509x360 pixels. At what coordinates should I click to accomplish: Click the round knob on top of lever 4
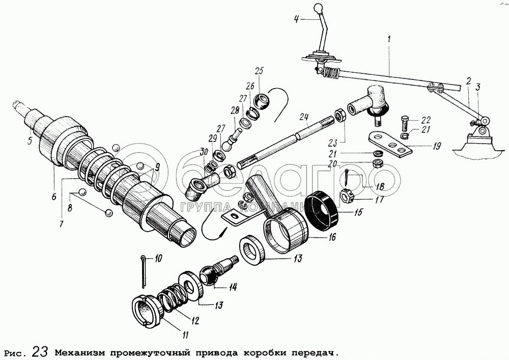tap(318, 7)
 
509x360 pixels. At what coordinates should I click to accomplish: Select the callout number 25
tap(260, 71)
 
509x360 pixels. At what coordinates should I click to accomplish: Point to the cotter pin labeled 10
tap(143, 271)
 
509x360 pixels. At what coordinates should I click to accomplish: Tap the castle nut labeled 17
tap(346, 195)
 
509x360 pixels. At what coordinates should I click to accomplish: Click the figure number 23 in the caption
tap(41, 352)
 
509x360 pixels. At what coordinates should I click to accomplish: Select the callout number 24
tap(304, 117)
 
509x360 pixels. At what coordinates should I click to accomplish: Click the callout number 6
tap(54, 197)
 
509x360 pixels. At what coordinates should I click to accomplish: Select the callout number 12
tap(194, 321)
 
